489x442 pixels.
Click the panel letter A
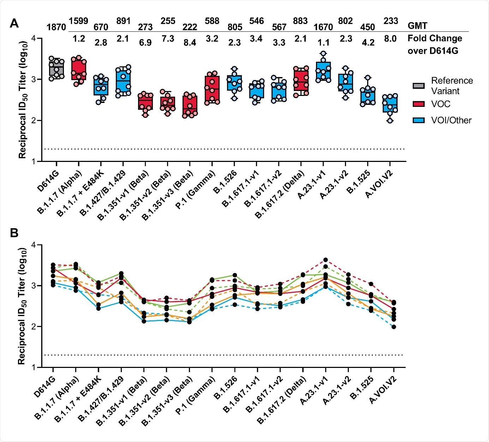tap(14, 24)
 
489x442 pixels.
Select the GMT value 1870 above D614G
tap(56, 27)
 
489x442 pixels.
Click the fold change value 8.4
tap(190, 43)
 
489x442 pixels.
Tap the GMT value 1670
tap(323, 27)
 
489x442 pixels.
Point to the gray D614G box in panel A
tap(56, 68)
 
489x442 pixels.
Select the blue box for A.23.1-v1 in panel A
tap(323, 72)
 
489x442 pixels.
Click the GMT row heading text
tap(417, 26)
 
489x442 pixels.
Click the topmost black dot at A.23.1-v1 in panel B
tap(326, 260)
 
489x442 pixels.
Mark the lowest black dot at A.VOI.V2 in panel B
tap(393, 327)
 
